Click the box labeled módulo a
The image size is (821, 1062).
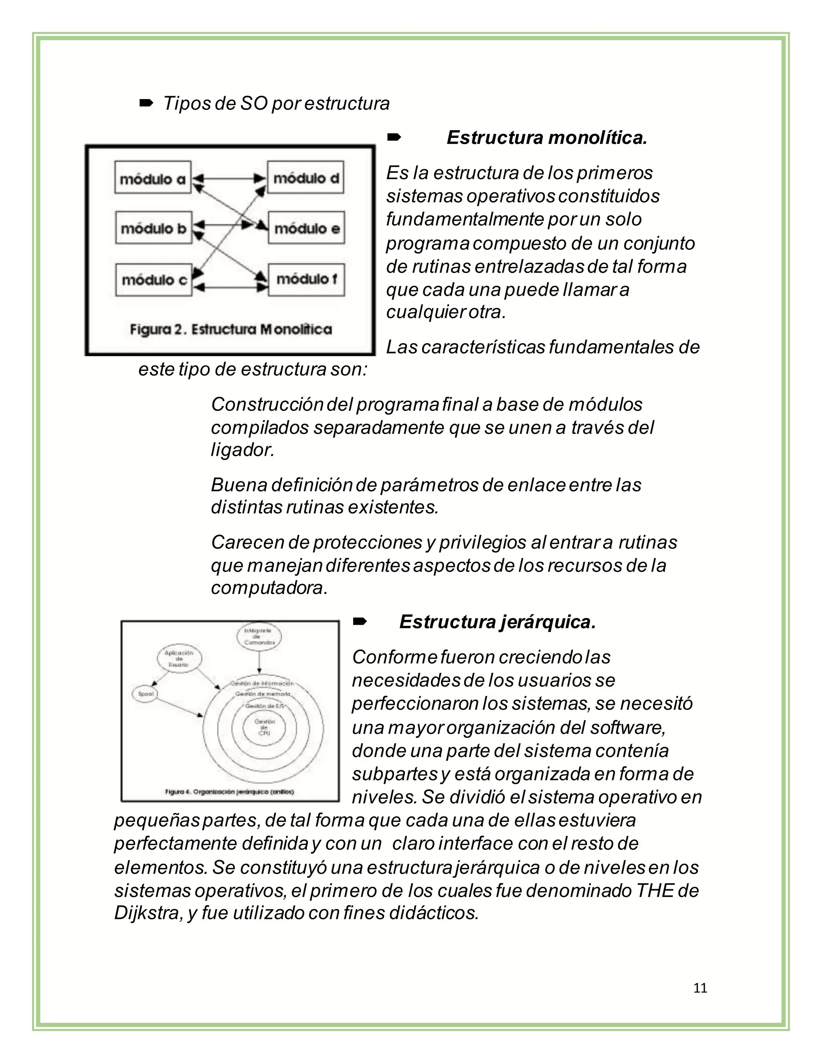click(x=153, y=178)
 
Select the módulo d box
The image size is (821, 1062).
click(x=305, y=178)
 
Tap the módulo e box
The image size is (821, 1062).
click(x=306, y=228)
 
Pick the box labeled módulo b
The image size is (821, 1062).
click(x=154, y=228)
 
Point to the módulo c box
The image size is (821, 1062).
click(x=154, y=280)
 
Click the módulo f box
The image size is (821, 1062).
click(x=306, y=280)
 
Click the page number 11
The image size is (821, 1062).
click(x=700, y=988)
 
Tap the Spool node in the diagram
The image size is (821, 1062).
click(x=146, y=694)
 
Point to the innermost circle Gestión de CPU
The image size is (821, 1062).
click(x=264, y=727)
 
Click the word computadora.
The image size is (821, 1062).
click(x=269, y=588)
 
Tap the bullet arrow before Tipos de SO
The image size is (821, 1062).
click(x=146, y=103)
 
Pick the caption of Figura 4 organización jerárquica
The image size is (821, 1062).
click(x=230, y=791)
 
